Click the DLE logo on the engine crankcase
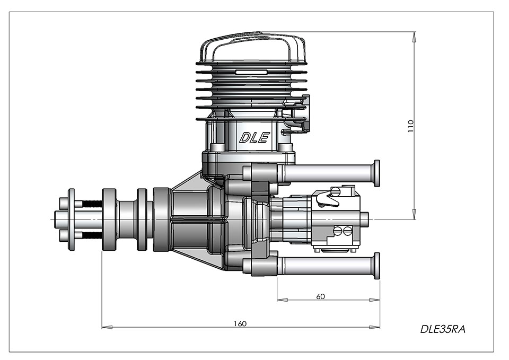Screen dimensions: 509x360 [254, 138]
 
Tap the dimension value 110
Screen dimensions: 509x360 [411, 126]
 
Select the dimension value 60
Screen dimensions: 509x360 [320, 296]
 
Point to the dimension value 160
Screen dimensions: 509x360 [240, 323]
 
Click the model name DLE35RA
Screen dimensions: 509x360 [443, 329]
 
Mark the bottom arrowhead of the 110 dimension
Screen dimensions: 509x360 [414, 214]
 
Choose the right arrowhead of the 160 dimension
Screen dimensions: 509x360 [375, 327]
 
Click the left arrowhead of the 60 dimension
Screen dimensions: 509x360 [282, 300]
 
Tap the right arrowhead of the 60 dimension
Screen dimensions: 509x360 [375, 300]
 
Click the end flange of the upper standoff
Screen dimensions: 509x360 [377, 173]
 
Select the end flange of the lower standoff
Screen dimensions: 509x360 [377, 266]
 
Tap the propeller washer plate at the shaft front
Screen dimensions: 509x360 [72, 219]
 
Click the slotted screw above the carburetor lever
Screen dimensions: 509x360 [335, 191]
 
